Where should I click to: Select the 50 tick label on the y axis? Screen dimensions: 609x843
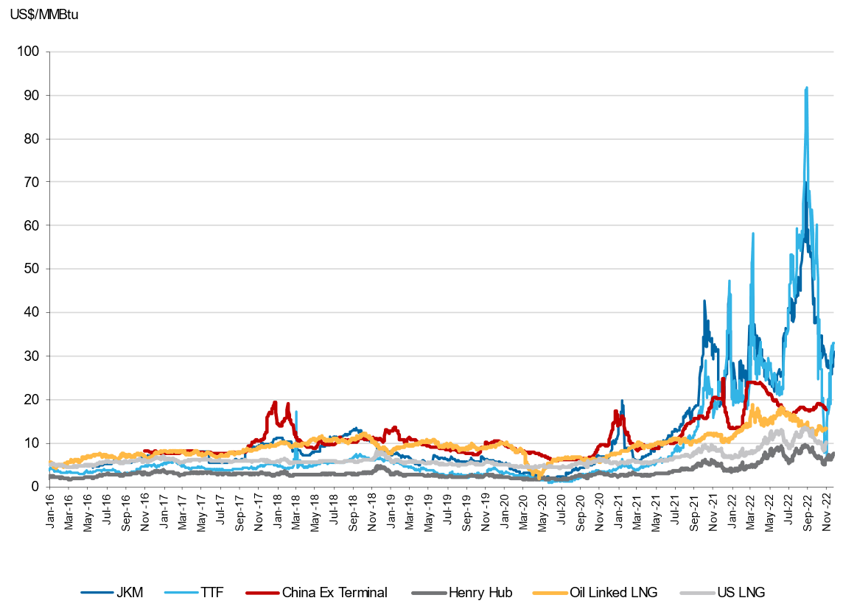32,270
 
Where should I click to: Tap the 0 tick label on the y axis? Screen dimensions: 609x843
35,487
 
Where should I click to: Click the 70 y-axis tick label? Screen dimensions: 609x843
32,183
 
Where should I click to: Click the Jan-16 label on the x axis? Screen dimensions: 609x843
50,511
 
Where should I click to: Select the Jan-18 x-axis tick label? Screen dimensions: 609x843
278,511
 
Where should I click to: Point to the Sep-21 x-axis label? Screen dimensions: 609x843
694,511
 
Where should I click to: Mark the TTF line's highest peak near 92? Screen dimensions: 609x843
807,88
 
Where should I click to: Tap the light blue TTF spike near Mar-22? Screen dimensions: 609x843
753,233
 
